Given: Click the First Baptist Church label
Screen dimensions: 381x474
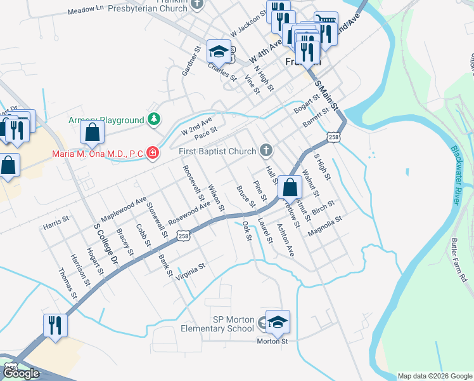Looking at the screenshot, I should pos(217,151).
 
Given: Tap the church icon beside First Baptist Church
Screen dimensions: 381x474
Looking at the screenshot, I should pos(266,150).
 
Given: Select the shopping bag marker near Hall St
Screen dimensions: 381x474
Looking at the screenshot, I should pos(290,187).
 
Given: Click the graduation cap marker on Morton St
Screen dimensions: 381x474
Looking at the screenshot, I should pos(277,322).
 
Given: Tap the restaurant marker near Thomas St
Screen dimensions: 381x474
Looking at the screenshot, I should pos(55,326).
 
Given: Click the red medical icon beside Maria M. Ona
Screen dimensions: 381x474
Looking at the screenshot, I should pos(152,153).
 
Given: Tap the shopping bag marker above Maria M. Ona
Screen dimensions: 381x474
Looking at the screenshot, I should pos(93,133).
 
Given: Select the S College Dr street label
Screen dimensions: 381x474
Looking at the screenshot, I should pos(106,244).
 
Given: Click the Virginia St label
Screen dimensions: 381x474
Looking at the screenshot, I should pos(191,270).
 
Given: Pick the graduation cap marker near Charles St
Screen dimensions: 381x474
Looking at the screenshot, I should pos(219,51).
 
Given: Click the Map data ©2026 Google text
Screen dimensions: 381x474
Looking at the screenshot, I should pos(434,376).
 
